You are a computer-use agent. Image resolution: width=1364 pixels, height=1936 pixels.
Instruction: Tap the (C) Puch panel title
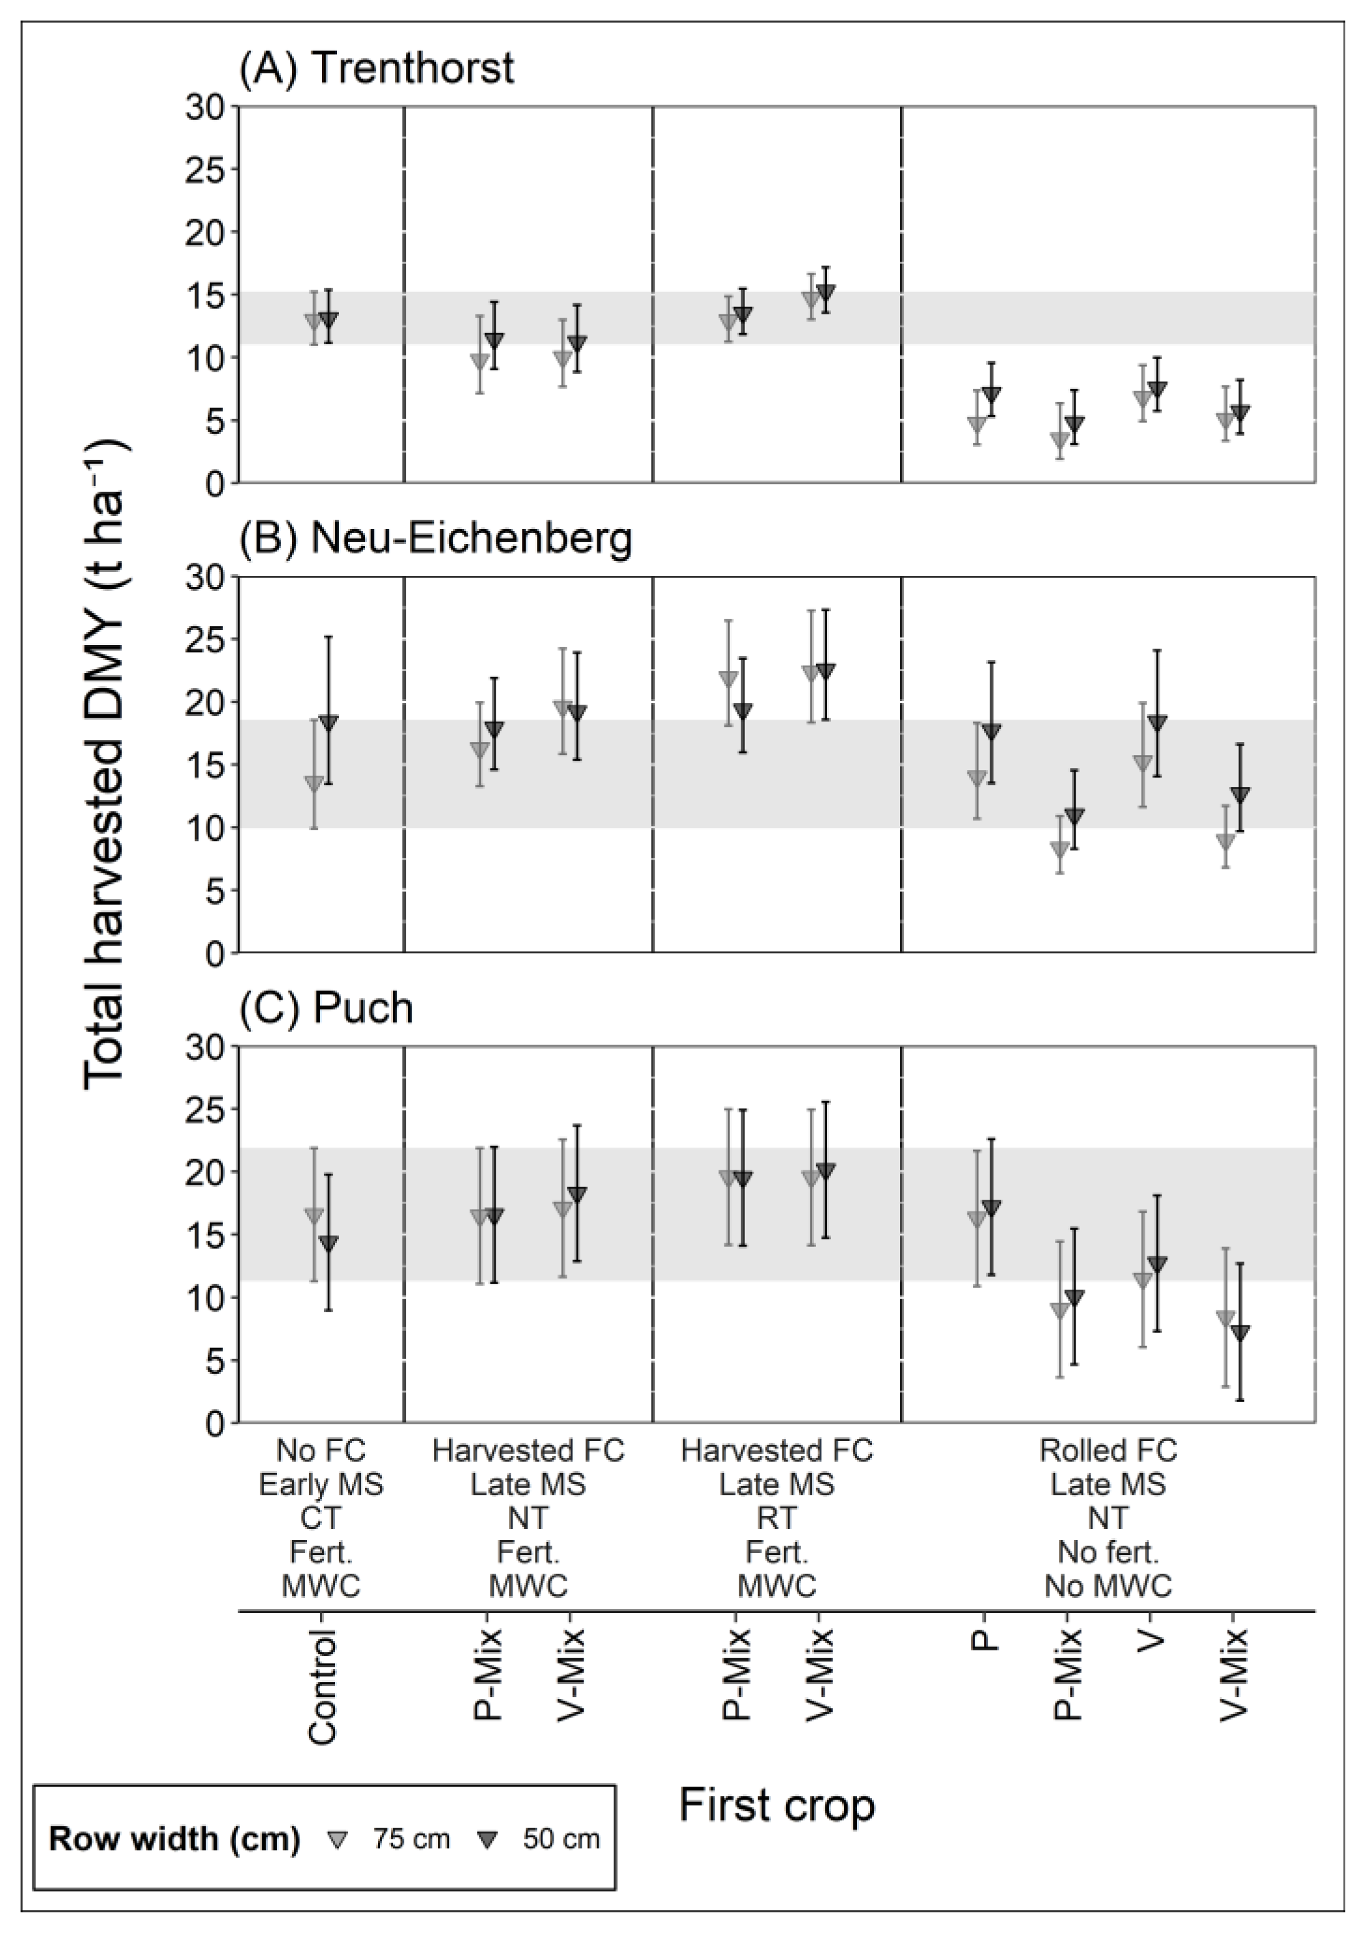(326, 1008)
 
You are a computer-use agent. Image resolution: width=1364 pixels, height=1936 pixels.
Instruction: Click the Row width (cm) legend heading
(174, 1839)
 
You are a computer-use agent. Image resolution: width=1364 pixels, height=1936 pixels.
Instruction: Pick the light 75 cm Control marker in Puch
(314, 1215)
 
